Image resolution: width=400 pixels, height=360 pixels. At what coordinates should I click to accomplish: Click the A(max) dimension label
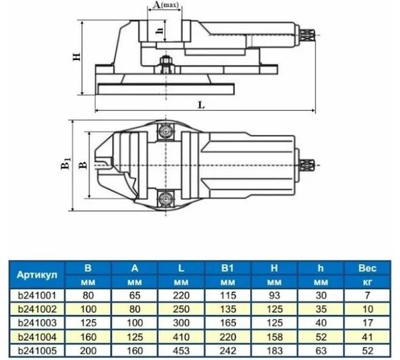[x=166, y=4]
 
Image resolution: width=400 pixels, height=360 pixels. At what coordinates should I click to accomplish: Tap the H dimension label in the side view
[x=76, y=56]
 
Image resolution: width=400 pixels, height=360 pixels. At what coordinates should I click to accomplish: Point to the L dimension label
[x=201, y=104]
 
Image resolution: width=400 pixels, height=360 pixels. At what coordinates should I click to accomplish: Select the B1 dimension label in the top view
[x=66, y=164]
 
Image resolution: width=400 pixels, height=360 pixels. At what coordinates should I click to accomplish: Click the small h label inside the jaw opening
[x=159, y=31]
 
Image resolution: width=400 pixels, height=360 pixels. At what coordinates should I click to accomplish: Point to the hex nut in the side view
[x=166, y=61]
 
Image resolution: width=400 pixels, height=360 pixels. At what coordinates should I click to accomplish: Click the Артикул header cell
[x=37, y=275]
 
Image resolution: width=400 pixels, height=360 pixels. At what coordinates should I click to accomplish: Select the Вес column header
[x=367, y=268]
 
